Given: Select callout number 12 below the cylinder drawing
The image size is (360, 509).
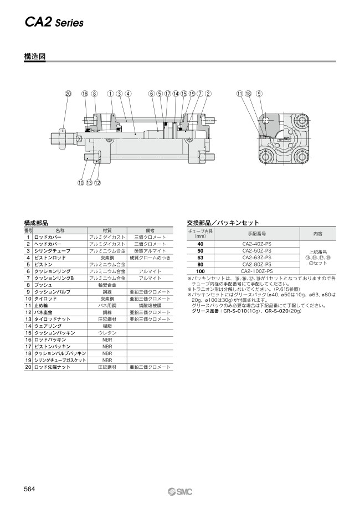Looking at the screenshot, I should click(97, 183).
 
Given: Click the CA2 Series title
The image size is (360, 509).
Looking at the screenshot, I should click(54, 23).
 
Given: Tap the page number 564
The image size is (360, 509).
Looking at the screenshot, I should click(30, 488).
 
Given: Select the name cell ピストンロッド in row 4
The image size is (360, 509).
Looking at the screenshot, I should click(50, 258).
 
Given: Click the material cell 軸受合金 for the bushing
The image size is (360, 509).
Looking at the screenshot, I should click(107, 285).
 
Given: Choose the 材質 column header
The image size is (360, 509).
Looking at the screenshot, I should click(107, 230).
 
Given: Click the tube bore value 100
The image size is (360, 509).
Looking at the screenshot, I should click(200, 271).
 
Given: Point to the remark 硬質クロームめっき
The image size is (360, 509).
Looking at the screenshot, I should click(150, 258).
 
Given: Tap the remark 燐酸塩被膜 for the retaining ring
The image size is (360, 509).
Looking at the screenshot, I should click(150, 305).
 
